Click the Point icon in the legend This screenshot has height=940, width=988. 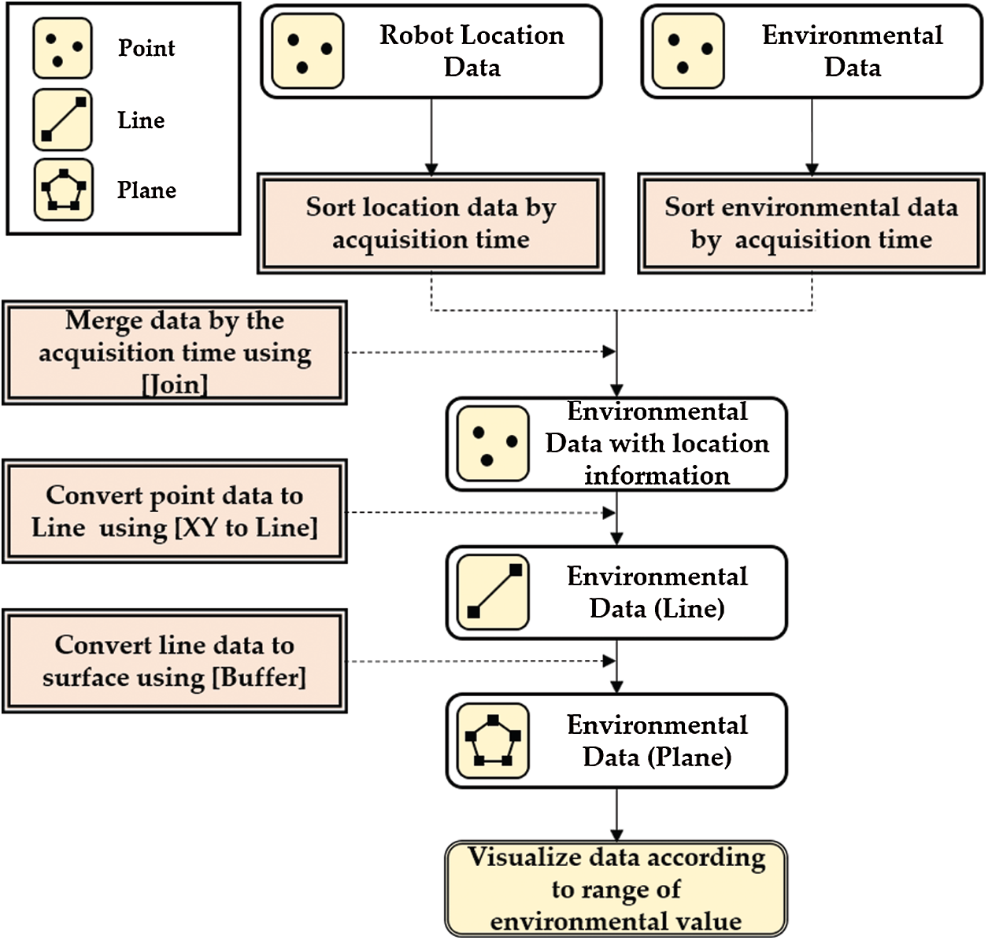62,48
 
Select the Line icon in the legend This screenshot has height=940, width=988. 62,120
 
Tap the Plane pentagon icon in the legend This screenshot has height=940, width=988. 63,190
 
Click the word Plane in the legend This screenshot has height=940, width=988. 146,190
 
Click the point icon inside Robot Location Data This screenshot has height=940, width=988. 308,51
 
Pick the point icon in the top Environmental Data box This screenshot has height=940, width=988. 688,51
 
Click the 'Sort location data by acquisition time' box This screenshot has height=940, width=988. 431,223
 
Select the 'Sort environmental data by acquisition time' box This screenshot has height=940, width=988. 811,223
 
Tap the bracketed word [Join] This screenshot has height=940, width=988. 175,385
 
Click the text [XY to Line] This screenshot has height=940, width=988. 246,528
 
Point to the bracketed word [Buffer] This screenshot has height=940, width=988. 259,677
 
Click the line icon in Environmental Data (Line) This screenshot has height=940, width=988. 493,592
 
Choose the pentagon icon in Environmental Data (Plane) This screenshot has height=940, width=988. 493,741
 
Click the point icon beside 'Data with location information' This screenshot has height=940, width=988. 493,444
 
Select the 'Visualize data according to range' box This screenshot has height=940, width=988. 616,890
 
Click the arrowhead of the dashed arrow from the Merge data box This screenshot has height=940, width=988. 609,352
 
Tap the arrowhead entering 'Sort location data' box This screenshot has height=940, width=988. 431,168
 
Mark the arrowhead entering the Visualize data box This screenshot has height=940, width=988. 616,835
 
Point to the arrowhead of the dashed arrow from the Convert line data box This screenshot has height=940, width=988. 609,661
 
